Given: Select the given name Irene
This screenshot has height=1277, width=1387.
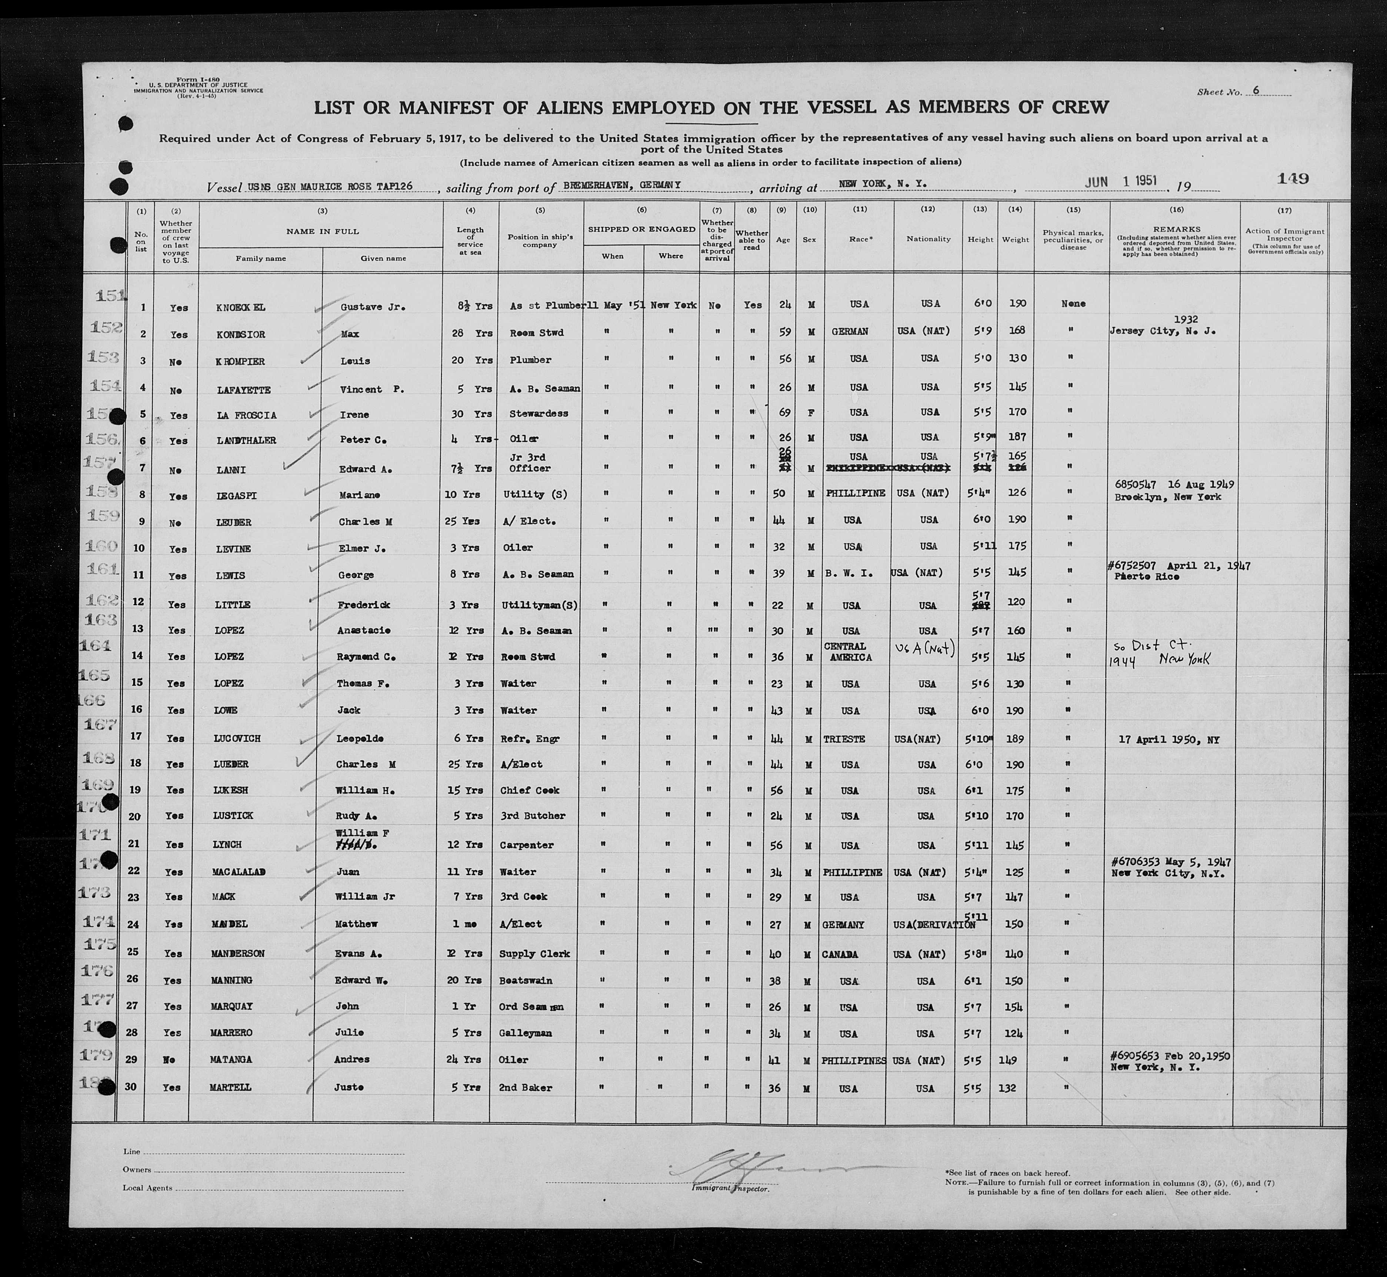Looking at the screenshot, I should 353,415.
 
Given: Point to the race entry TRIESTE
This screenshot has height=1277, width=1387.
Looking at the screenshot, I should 844,739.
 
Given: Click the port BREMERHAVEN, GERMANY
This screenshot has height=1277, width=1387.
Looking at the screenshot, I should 622,185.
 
